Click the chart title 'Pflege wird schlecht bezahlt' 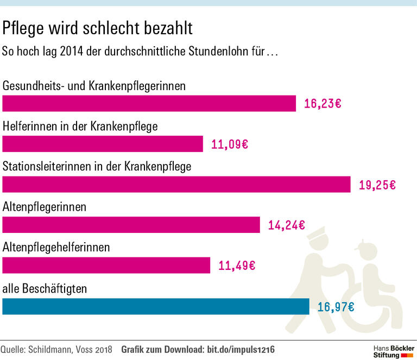pos(98,28)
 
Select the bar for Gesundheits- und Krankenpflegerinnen pos(149,103)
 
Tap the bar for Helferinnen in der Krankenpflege pos(103,144)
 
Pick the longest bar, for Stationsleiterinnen pos(176,185)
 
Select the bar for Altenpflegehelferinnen pos(106,265)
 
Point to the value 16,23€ pos(323,104)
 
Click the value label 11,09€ pos(229,144)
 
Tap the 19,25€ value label pos(377,185)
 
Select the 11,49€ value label pos(236,266)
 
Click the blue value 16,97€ pos(336,307)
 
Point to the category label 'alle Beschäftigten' pos(45,289)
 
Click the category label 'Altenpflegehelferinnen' pos(56,248)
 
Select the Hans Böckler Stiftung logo pos(393,351)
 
